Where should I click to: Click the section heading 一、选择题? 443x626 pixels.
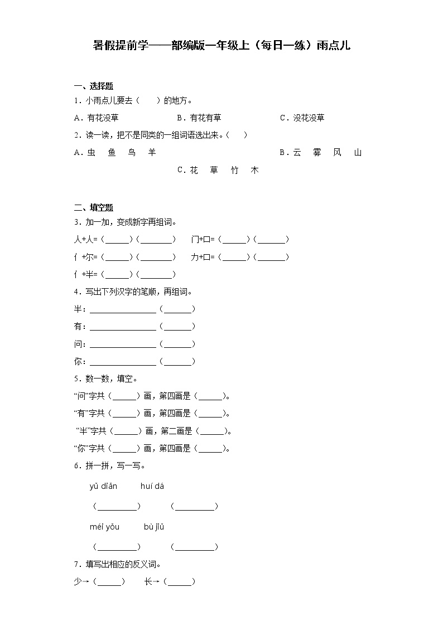pyautogui.click(x=93, y=86)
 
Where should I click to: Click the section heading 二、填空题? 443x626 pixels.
pyautogui.click(x=93, y=207)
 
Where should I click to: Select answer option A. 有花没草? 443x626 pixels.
pyautogui.click(x=96, y=118)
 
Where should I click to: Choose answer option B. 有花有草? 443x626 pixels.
pyautogui.click(x=199, y=118)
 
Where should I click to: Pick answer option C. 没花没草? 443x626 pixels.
pyautogui.click(x=302, y=118)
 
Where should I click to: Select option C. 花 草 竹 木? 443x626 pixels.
pyautogui.click(x=218, y=170)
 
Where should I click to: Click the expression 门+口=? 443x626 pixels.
pyautogui.click(x=204, y=239)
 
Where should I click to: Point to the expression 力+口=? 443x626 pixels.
pyautogui.click(x=204, y=257)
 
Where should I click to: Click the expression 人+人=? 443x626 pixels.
pyautogui.click(x=86, y=239)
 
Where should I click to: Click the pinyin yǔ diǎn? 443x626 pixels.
pyautogui.click(x=103, y=486)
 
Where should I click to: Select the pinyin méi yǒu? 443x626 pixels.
pyautogui.click(x=104, y=526)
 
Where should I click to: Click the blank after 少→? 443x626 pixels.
pyautogui.click(x=109, y=582)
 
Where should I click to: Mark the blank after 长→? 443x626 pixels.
pyautogui.click(x=180, y=582)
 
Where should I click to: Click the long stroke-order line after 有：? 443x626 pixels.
pyautogui.click(x=123, y=327)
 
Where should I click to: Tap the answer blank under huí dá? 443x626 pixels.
pyautogui.click(x=194, y=507)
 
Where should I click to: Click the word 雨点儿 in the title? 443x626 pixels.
pyautogui.click(x=333, y=45)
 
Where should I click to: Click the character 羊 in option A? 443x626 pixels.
pyautogui.click(x=152, y=152)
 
